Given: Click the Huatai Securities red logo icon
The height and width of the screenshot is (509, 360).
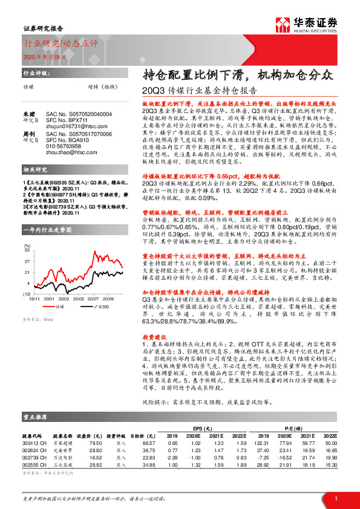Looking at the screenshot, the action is pyautogui.click(x=282, y=25).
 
